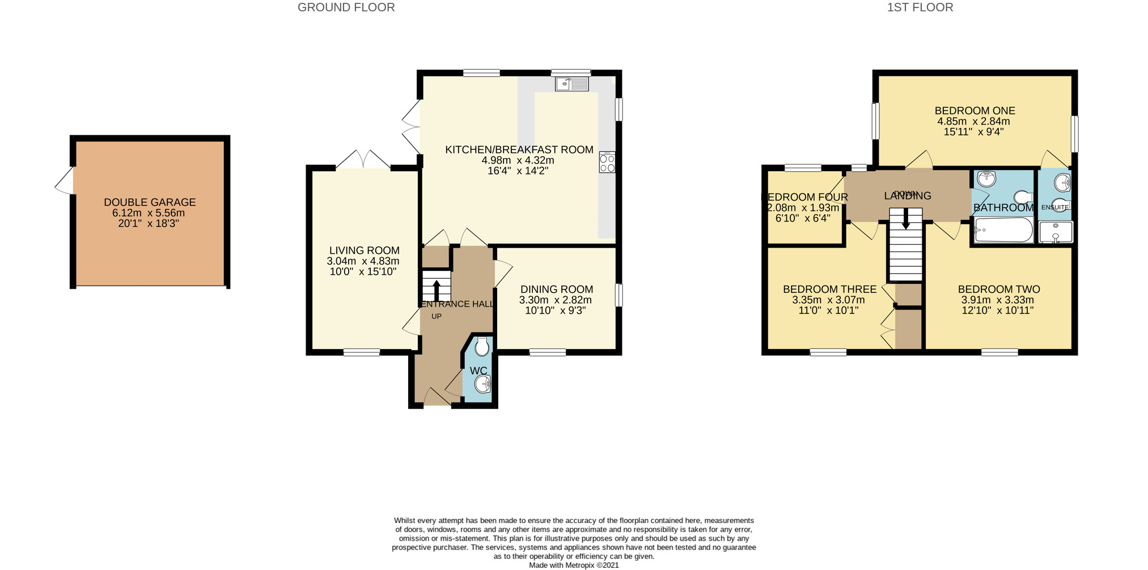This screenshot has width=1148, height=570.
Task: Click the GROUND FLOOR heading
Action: pos(346,7)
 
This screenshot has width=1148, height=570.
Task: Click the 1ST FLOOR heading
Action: pos(920,7)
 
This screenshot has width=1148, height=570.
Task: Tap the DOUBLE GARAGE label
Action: pos(150,202)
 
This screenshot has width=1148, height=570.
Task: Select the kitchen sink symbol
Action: pos(571,84)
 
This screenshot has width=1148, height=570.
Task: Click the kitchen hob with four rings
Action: pos(607,163)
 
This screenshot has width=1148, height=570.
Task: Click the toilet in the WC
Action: pos(482,347)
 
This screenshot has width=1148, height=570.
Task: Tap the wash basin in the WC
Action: pos(482,385)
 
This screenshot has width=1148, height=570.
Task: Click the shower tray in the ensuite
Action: pos(1056,232)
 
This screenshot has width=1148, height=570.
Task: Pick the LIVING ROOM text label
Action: pos(364,250)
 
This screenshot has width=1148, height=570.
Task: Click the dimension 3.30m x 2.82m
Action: pos(555,300)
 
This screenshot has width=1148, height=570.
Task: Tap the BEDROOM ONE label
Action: pos(975,110)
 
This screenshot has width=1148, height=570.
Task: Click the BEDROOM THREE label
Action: pos(829,290)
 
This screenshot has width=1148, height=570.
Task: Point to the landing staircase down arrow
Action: pos(905,218)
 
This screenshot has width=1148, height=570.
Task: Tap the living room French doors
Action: pos(363,160)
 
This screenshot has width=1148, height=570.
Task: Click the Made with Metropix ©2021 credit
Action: pos(573,565)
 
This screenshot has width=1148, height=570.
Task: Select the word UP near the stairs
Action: pos(436,316)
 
